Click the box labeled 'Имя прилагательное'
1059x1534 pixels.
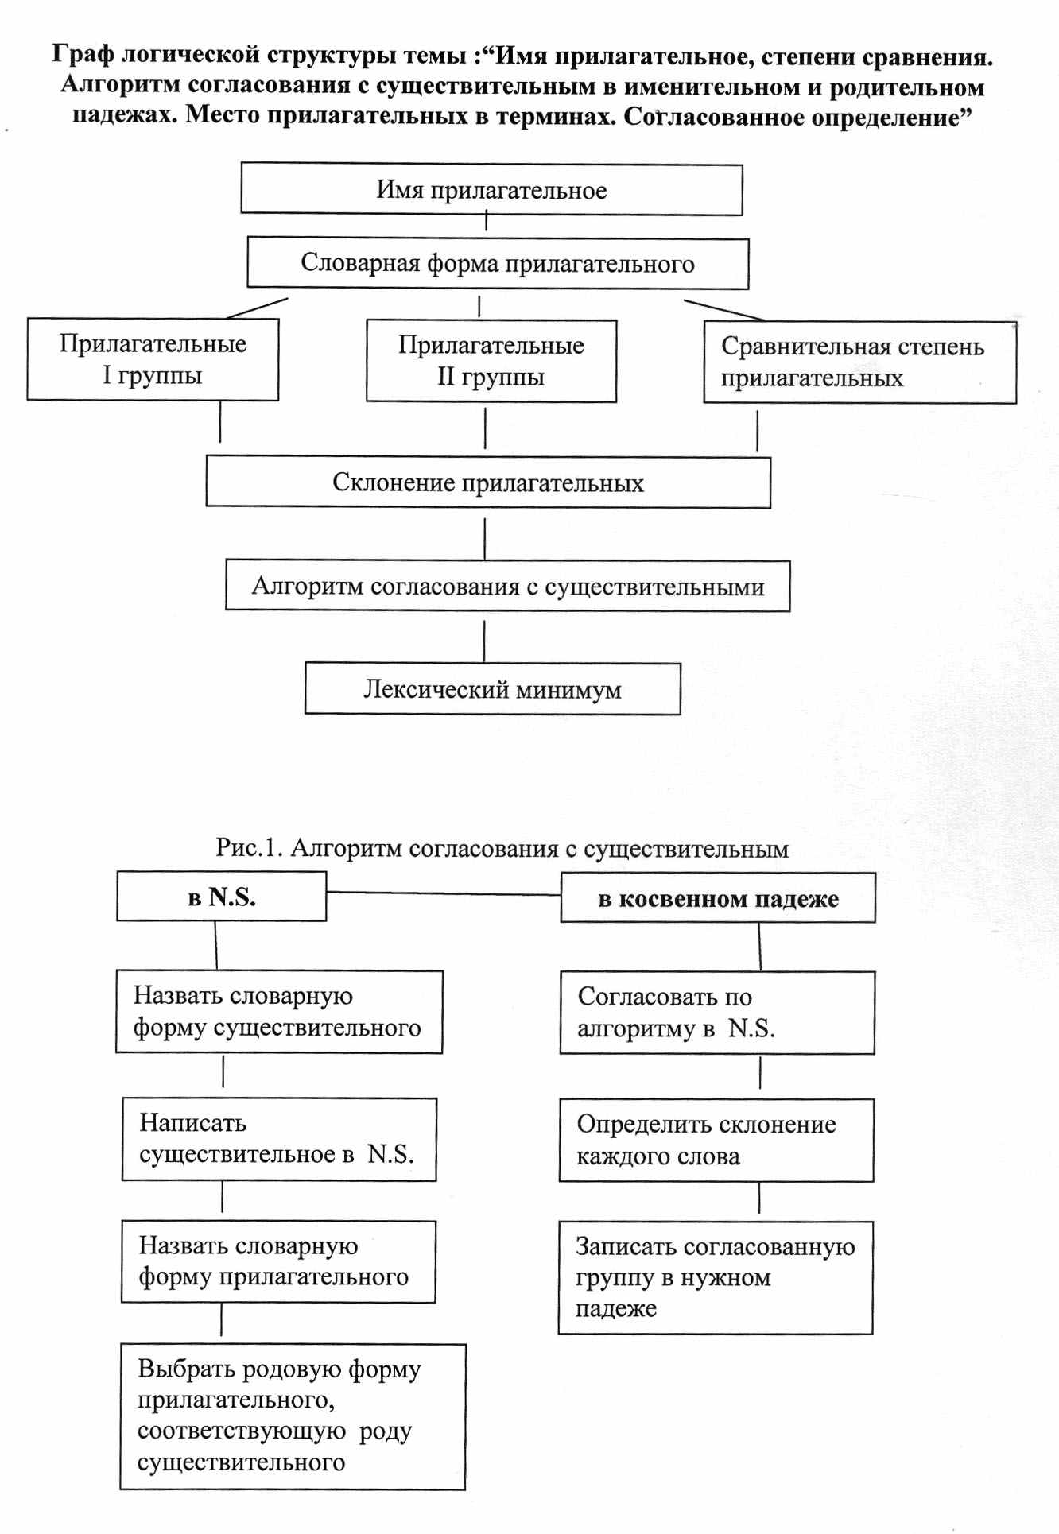[491, 190]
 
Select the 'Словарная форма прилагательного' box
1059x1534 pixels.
[498, 264]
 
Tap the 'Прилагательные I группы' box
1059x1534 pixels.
[153, 359]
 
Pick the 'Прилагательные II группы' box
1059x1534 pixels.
[491, 361]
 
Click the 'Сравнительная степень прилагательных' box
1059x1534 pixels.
[859, 362]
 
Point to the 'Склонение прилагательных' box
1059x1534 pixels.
[488, 482]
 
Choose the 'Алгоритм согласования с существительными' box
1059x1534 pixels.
[507, 587]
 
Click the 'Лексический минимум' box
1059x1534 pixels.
[492, 689]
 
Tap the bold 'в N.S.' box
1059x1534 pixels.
[221, 897]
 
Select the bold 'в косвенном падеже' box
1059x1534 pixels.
[718, 898]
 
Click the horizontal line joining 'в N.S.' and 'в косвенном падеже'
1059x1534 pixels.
[443, 893]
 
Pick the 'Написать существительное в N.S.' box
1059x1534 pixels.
[279, 1139]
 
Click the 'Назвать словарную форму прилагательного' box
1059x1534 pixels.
[278, 1261]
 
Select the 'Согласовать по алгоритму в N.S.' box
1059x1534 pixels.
[717, 1013]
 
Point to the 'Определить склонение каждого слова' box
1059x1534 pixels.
[716, 1140]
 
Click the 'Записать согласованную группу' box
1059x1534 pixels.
[716, 1277]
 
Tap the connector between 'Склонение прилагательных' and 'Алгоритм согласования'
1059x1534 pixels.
[485, 539]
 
